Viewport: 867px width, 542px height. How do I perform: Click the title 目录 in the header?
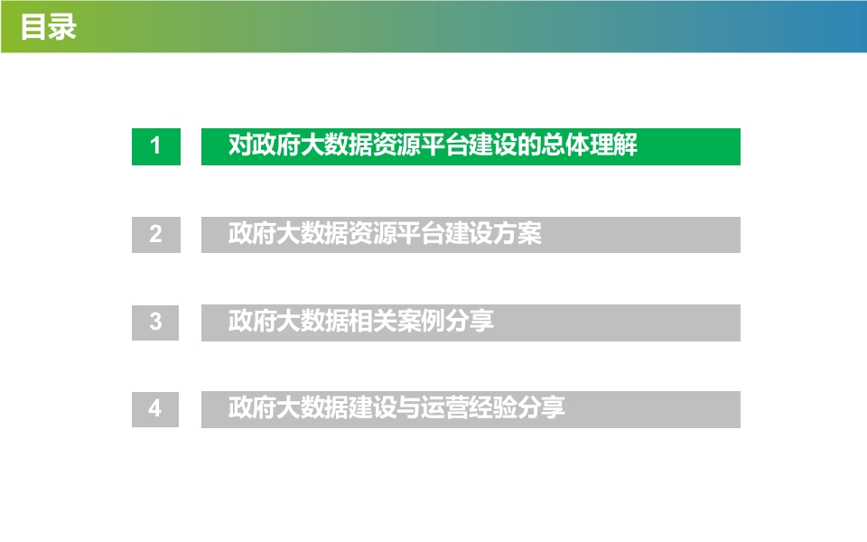49,27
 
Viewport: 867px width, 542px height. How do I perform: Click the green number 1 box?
156,146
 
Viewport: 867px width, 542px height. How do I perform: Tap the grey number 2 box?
156,235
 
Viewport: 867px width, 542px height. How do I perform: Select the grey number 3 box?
155,322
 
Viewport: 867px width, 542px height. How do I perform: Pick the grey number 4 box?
155,409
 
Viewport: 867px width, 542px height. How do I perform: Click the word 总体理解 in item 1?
590,145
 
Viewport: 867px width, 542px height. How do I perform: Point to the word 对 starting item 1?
240,145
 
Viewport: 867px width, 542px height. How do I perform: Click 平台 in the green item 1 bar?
445,145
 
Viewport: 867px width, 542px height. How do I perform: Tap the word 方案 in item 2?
517,233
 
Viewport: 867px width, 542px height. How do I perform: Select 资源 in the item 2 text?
373,233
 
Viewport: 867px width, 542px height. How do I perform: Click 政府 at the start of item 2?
252,233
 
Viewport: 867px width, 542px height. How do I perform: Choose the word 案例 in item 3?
422,321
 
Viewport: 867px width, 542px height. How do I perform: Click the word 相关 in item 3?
373,321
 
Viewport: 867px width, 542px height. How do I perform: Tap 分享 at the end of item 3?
470,321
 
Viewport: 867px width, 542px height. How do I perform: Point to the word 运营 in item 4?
445,407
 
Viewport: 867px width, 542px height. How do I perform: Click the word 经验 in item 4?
493,407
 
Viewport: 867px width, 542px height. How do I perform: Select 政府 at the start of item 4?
252,407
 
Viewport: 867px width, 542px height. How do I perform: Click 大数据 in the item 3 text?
312,321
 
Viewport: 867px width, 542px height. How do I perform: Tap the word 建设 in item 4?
373,407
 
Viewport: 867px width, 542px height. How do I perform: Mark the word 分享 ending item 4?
541,407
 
